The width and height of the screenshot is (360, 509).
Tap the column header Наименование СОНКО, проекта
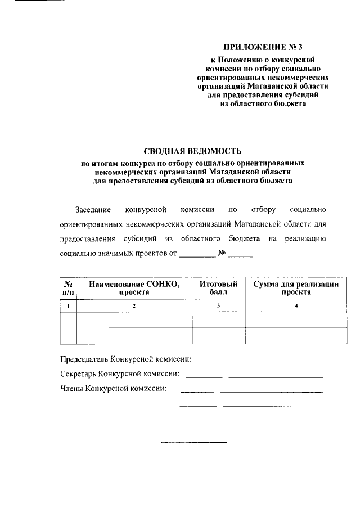coord(134,288)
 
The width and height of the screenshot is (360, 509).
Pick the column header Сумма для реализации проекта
coord(296,288)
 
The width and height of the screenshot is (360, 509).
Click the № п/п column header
coord(67,288)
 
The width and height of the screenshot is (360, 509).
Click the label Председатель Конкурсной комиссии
coord(125,359)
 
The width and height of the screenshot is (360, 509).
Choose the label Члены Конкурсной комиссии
coord(113,388)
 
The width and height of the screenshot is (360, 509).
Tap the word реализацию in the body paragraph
coord(304,239)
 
